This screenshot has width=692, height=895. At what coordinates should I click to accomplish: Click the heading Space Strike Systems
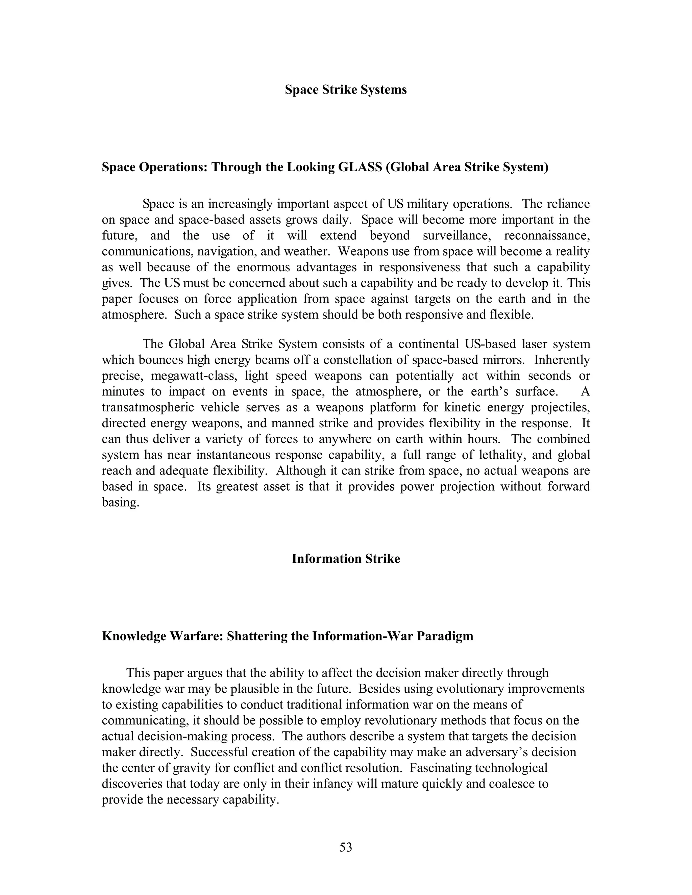pyautogui.click(x=346, y=90)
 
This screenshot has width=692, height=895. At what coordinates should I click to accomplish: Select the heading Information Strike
pyautogui.click(x=346, y=559)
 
